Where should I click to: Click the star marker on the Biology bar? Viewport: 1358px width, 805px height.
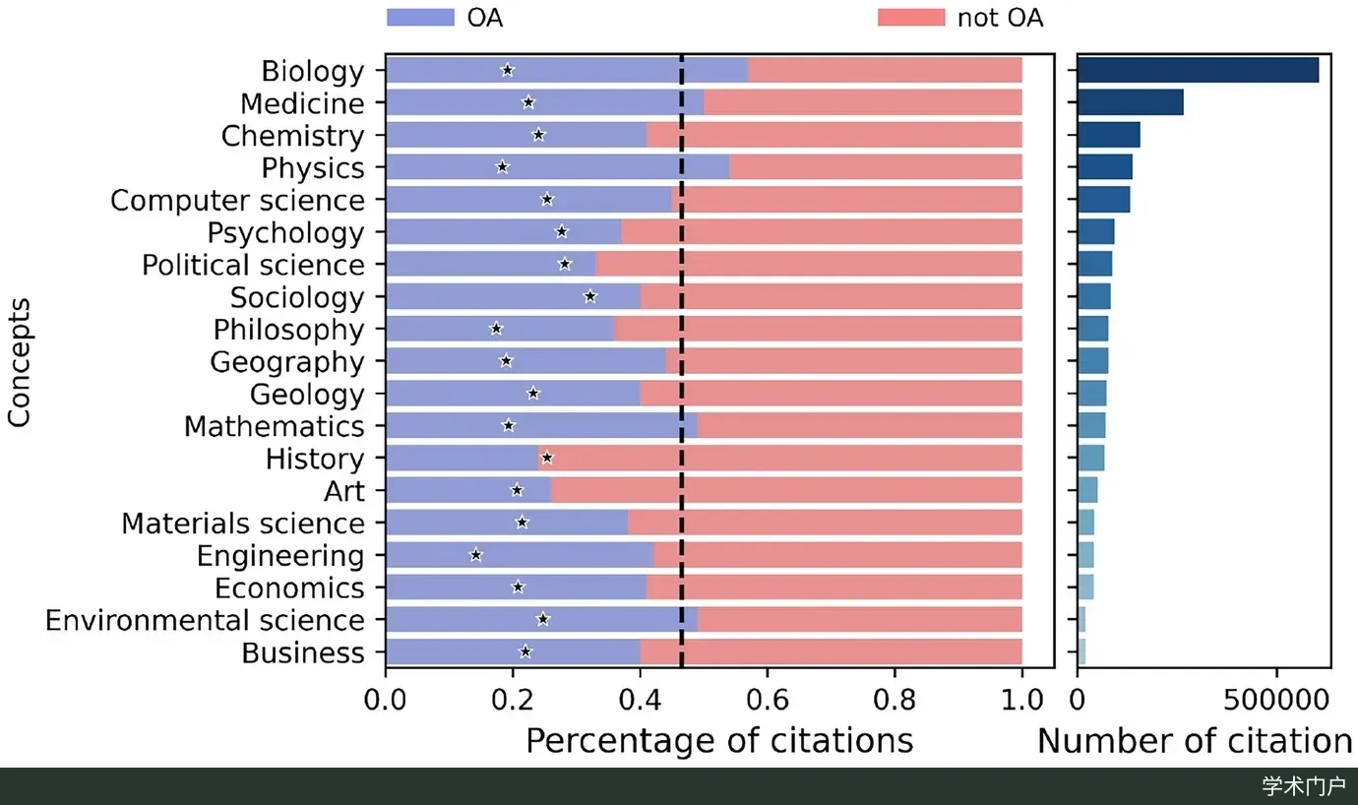point(508,70)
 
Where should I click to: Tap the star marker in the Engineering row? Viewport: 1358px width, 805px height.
point(476,555)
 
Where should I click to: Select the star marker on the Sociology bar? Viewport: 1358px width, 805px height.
point(589,296)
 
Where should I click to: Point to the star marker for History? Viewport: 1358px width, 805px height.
point(547,458)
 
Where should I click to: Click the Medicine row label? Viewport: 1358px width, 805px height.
point(302,103)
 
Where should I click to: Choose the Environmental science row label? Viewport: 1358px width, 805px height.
point(205,620)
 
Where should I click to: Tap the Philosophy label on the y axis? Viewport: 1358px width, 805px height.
point(288,331)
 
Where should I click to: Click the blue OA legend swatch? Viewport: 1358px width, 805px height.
point(421,17)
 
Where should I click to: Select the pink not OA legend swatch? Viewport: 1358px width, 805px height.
point(911,17)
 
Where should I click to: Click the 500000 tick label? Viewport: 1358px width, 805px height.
point(1276,700)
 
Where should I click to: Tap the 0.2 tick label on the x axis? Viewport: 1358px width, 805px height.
point(513,700)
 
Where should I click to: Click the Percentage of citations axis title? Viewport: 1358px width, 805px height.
point(719,741)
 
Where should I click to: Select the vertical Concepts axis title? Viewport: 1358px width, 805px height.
point(19,362)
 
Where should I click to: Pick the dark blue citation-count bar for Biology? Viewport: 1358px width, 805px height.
point(1198,70)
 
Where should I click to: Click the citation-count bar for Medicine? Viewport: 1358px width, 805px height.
point(1131,102)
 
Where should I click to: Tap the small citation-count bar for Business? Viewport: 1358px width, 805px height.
point(1081,651)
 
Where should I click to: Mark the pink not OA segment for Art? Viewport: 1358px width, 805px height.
point(786,490)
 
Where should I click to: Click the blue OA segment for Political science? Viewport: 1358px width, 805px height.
point(491,265)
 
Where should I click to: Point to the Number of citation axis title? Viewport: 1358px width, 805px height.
point(1195,741)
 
